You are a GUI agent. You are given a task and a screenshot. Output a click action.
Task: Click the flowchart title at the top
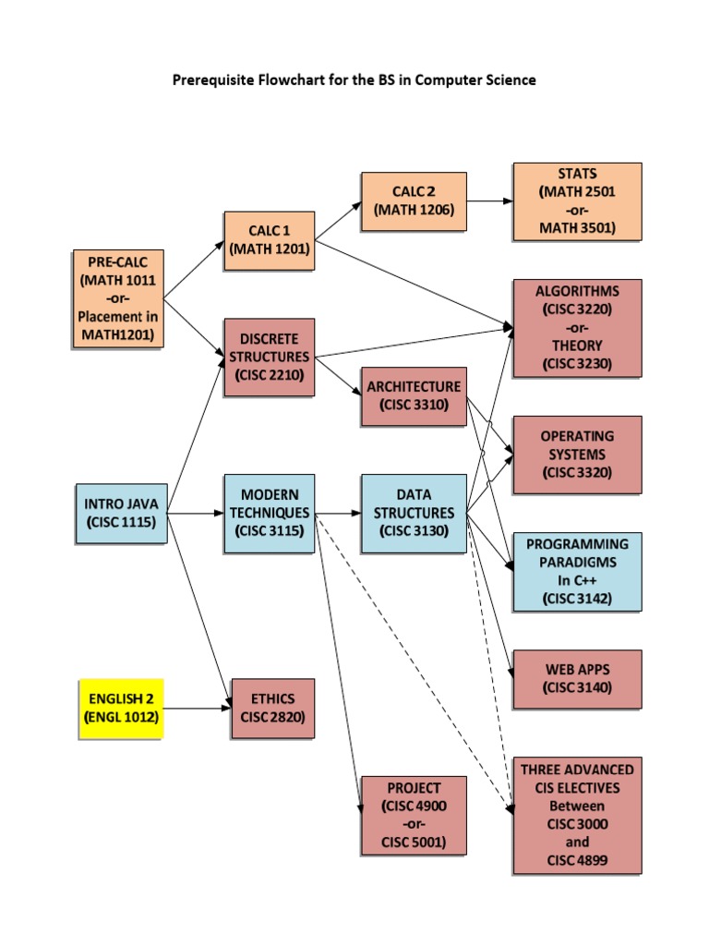coord(354,80)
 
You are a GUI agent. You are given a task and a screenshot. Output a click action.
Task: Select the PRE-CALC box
coord(118,297)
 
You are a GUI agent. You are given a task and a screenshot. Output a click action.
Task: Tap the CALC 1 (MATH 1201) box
coord(269,239)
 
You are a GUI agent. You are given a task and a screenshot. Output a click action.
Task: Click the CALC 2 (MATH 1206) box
coord(414,201)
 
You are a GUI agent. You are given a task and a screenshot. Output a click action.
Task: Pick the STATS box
coord(577,201)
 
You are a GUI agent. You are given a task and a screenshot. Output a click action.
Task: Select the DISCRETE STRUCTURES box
coord(269,357)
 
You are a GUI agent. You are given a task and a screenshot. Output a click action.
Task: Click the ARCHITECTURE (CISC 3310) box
coord(413,395)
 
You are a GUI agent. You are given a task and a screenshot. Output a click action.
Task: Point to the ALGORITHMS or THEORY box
coord(577,328)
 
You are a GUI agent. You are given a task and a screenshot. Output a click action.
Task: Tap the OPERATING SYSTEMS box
coord(577,455)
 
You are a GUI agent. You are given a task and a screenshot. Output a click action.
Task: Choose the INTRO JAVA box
coord(121,514)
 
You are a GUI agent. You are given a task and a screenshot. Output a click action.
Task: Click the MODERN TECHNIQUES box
coord(269,513)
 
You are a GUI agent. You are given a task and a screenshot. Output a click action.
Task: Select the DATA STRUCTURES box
coord(414,513)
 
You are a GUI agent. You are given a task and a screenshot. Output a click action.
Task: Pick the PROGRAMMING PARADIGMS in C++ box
coord(577,571)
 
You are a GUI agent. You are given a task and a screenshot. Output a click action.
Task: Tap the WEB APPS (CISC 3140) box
coord(577,678)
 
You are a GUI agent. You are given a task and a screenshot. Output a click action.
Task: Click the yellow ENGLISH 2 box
coord(121,708)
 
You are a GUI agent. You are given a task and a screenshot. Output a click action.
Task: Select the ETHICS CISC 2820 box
coord(270,708)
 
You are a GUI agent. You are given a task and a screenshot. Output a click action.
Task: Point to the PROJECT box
coord(414,815)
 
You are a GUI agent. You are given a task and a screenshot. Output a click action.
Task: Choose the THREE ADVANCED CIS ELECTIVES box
coord(577,815)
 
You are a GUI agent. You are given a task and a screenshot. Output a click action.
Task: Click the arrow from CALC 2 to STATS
coord(489,200)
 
